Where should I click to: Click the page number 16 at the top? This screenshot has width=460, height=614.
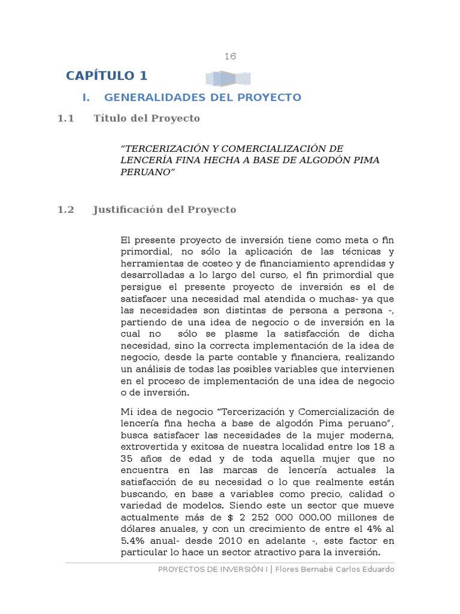(231, 56)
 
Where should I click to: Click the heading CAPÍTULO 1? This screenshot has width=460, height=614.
(107, 76)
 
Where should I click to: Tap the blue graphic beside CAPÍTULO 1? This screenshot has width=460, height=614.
(228, 79)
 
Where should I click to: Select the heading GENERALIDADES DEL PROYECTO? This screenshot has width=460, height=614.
(202, 97)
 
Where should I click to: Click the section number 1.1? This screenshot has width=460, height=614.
(65, 119)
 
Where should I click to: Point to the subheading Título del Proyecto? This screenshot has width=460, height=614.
(147, 119)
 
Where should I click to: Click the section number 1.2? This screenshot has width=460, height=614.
(65, 210)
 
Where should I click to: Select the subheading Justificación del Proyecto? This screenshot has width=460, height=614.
(165, 210)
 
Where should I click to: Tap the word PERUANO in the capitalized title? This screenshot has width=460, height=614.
(147, 172)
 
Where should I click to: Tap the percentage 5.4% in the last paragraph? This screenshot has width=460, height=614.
(133, 541)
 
